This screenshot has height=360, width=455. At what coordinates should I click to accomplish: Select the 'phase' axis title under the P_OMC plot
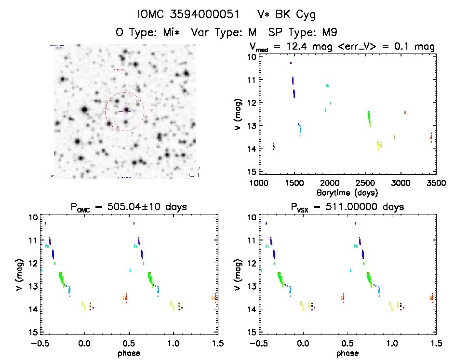pos(129,353)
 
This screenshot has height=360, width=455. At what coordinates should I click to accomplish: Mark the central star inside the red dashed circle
pos(126,110)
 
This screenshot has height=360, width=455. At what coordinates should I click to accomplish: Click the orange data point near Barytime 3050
pos(405,112)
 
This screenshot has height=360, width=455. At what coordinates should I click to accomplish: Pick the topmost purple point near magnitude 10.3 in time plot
pos(291,63)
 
